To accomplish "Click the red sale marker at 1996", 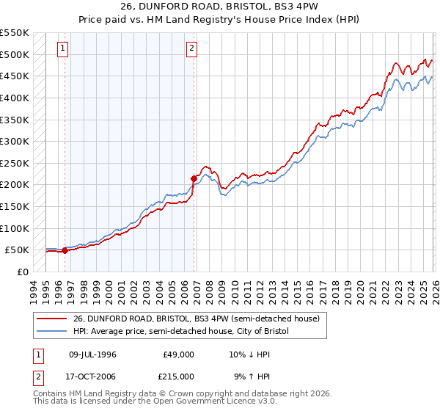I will (x=65, y=250).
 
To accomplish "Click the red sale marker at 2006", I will (x=194, y=178).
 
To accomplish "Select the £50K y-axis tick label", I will (x=16, y=250).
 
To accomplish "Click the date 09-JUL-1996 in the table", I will (x=92, y=354).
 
